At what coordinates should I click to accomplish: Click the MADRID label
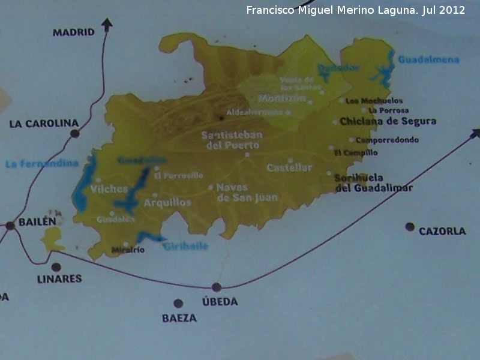(74, 32)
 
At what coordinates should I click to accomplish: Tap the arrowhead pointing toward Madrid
(107, 24)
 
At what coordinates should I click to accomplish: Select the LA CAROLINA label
(44, 124)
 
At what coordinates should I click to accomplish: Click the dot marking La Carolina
(75, 134)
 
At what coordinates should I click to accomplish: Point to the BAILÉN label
(37, 221)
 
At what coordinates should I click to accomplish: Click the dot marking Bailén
(10, 226)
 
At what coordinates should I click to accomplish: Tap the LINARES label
(59, 279)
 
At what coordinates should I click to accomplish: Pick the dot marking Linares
(56, 267)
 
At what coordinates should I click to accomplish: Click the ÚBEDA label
(220, 301)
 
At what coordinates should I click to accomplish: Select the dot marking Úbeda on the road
(217, 287)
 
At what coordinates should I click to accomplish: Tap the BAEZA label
(179, 318)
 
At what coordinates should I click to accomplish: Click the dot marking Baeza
(178, 303)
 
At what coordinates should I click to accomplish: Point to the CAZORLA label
(442, 231)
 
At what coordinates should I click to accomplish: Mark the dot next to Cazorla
(410, 227)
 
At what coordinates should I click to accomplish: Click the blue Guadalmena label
(428, 60)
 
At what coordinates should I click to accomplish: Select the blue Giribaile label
(185, 245)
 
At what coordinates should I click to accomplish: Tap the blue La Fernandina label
(42, 164)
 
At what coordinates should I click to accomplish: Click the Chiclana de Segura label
(388, 121)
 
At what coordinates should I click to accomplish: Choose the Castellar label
(290, 168)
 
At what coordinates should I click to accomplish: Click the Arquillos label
(167, 203)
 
